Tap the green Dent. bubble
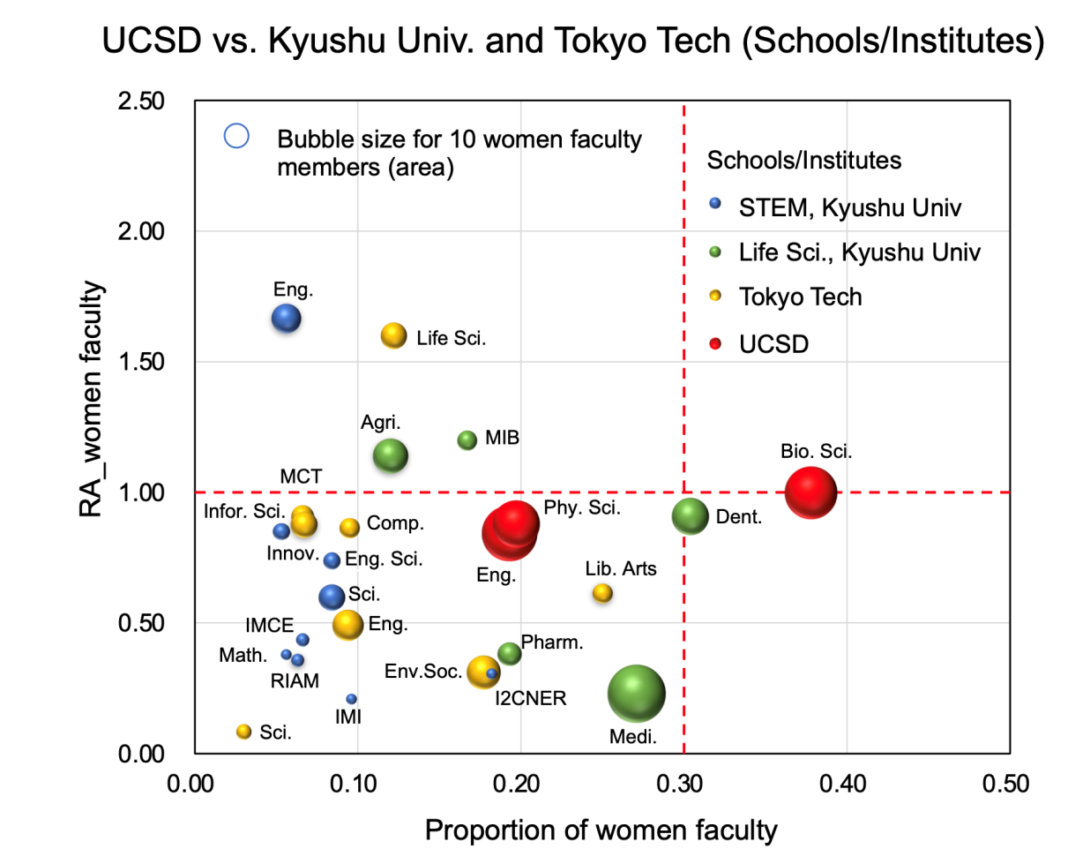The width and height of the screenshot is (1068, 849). pyautogui.click(x=690, y=516)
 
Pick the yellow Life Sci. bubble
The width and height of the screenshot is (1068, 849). pyautogui.click(x=393, y=336)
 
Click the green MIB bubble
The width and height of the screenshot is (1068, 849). pyautogui.click(x=467, y=440)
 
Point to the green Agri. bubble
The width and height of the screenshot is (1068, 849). pyautogui.click(x=390, y=455)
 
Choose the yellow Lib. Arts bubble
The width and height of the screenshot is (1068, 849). pyautogui.click(x=602, y=593)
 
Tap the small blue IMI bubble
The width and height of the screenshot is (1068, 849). pyautogui.click(x=351, y=699)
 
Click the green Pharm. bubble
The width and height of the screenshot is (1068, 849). pyautogui.click(x=509, y=654)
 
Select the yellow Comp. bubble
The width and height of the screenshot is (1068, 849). pyautogui.click(x=350, y=528)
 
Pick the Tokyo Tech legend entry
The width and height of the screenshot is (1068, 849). pyautogui.click(x=787, y=297)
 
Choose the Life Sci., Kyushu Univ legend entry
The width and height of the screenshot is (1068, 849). pyautogui.click(x=833, y=252)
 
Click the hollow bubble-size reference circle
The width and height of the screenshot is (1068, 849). pyautogui.click(x=237, y=136)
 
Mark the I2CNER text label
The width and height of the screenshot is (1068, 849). pyautogui.click(x=529, y=700)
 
